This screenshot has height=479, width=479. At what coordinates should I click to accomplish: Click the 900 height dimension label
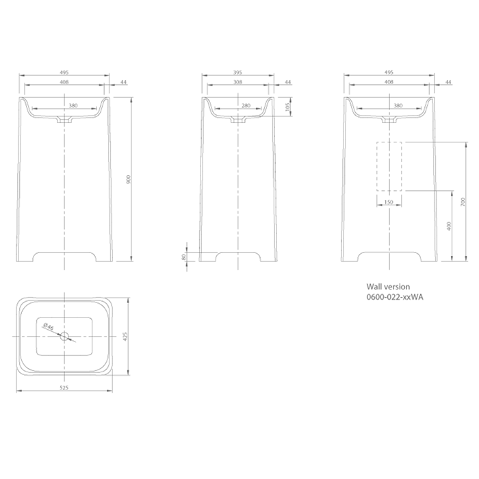click(129, 179)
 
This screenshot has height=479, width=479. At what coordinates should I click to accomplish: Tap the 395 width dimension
click(237, 73)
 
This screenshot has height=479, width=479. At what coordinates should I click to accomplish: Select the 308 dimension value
click(237, 82)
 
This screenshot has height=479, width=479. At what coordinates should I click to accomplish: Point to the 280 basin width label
click(246, 105)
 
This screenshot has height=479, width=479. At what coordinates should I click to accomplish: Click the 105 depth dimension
click(287, 107)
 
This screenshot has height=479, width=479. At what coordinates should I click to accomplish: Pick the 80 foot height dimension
click(183, 257)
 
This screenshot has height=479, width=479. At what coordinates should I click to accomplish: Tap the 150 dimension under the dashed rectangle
click(389, 202)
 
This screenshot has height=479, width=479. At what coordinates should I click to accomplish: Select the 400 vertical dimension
click(448, 226)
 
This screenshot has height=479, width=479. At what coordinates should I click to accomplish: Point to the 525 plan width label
click(64, 388)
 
